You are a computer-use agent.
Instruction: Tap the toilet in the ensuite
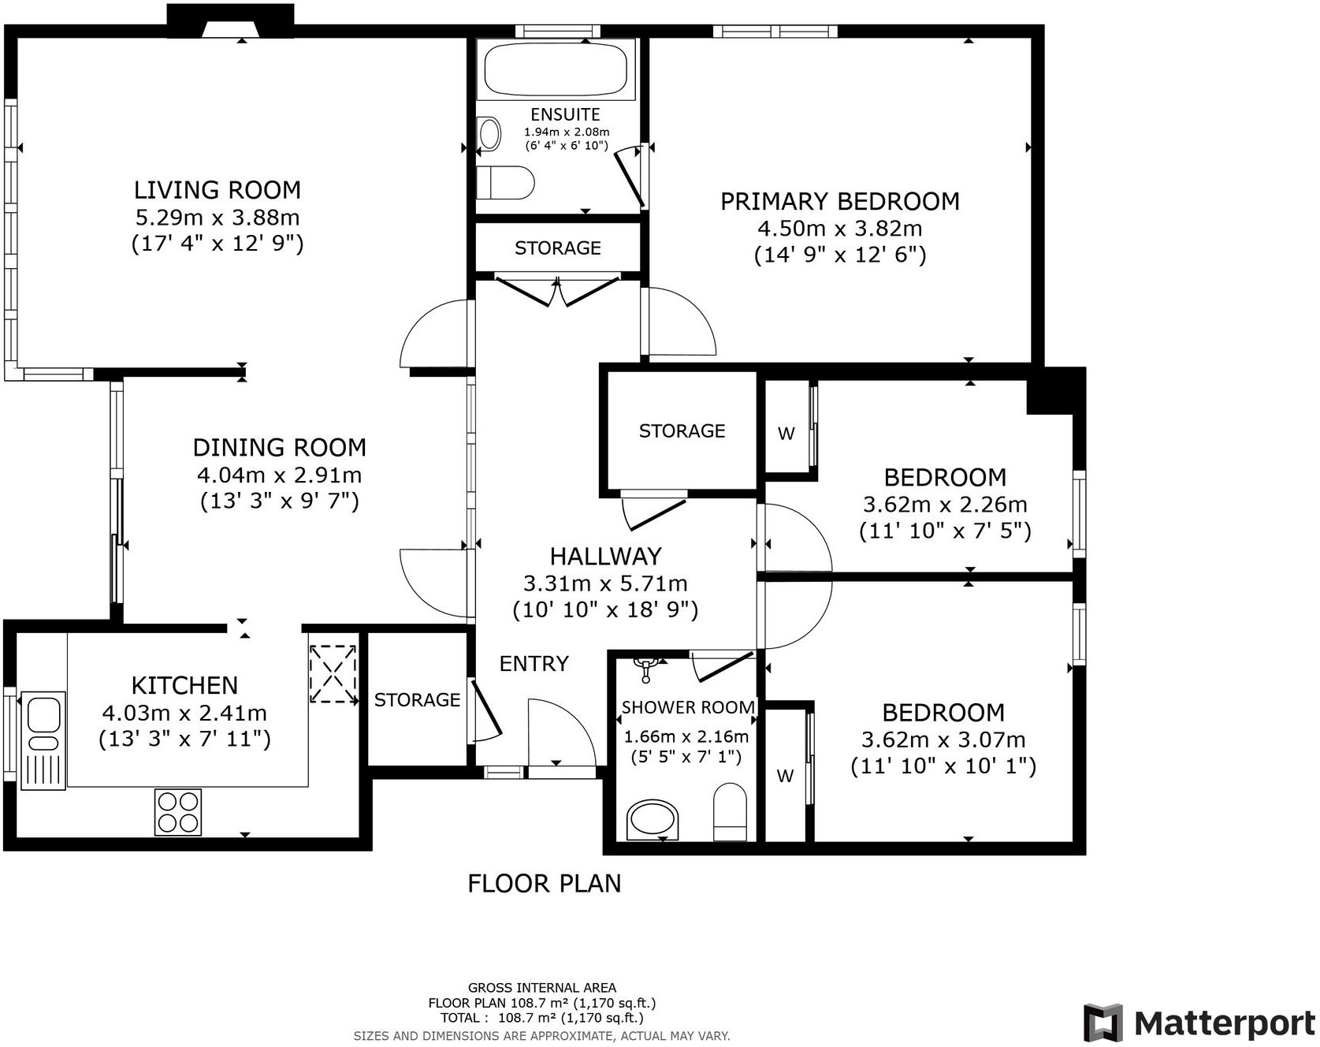coord(505,183)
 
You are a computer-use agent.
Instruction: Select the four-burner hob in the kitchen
coord(178,812)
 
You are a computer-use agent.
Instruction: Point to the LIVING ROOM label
coord(218,190)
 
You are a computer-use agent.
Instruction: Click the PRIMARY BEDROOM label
coord(840,202)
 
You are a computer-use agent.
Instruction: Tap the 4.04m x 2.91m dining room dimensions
coord(279,475)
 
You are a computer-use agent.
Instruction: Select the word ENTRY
coord(534,664)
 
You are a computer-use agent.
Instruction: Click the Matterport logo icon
coord(1102,1023)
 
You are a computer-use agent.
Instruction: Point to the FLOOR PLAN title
coord(544,883)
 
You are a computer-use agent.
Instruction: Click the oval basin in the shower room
coord(652,820)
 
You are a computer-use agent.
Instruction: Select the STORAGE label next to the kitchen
coord(417,700)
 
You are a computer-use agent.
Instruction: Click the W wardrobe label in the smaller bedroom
coord(786,434)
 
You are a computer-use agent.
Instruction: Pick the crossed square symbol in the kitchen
coord(333,673)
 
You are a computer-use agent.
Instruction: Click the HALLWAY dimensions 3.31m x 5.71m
coord(605,583)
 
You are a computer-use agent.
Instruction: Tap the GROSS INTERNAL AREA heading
coord(542,987)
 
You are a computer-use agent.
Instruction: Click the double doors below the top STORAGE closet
coord(557,291)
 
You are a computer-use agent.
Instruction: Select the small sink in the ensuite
coord(489,134)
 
